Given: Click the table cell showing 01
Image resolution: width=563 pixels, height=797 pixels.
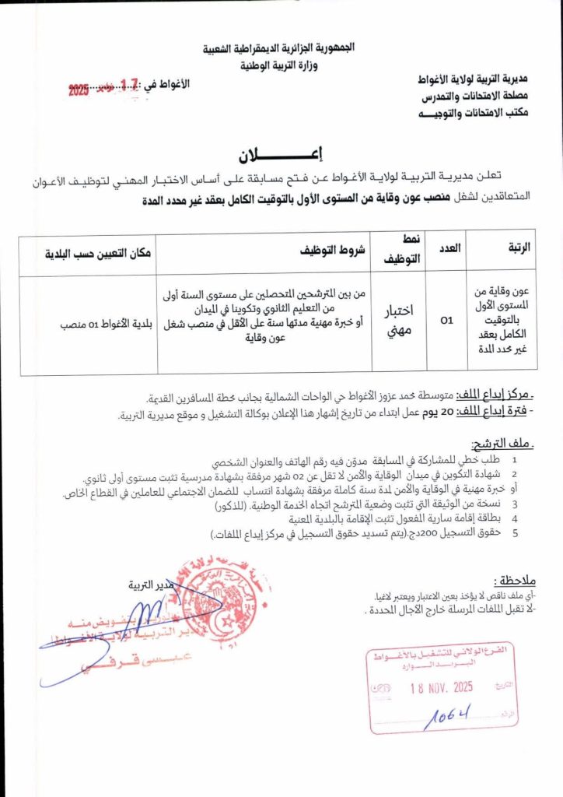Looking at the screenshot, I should [x=447, y=318].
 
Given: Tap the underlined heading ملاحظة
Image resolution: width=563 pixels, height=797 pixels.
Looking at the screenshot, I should [x=514, y=581].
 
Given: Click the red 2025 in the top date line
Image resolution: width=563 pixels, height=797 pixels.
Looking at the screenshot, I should [x=79, y=92].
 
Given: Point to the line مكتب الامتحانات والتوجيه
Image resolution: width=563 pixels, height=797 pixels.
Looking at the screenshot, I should [x=475, y=112].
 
